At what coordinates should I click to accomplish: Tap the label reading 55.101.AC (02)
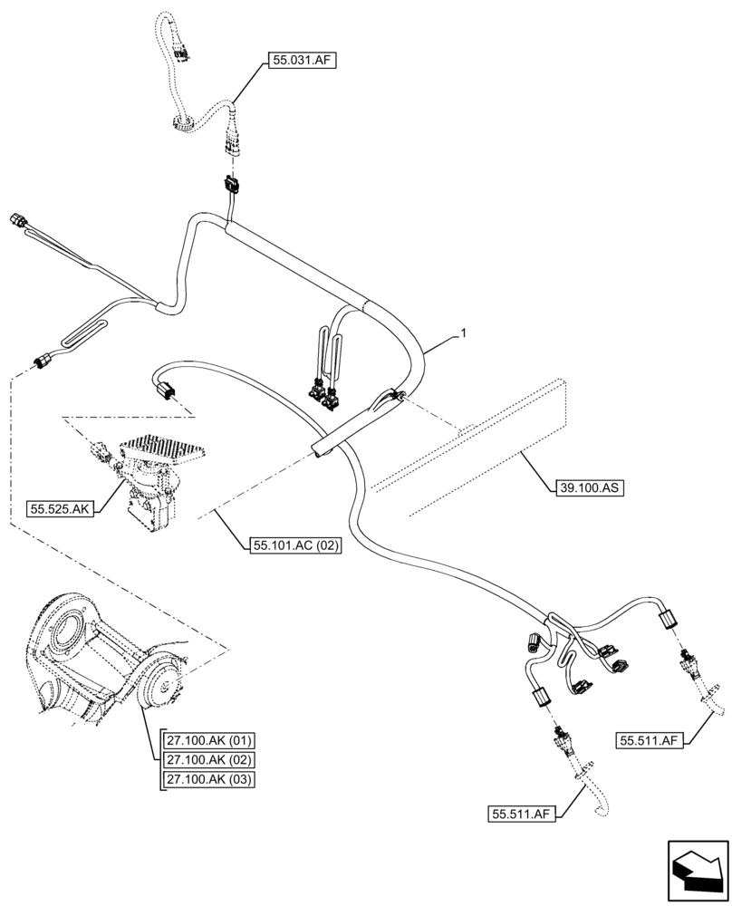tap(292, 546)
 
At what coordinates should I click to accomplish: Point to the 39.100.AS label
tap(588, 487)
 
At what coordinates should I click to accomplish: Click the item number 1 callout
tap(464, 334)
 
